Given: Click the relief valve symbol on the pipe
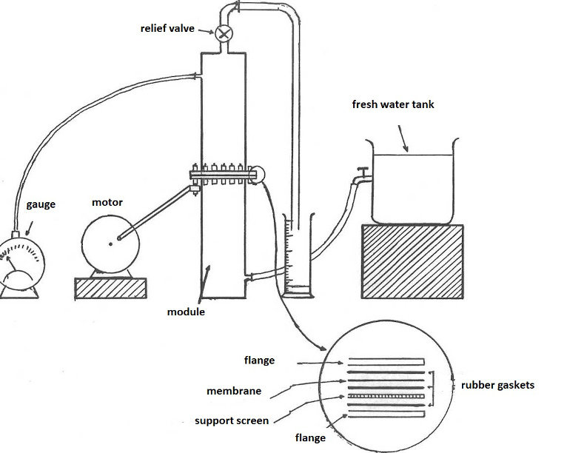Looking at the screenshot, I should [224, 32].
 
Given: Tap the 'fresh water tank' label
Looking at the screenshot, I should [392, 105].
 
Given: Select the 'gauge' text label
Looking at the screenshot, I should [41, 204].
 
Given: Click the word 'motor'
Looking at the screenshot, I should [107, 202].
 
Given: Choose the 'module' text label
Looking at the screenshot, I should [186, 312].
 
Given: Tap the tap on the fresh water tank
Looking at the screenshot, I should [361, 177].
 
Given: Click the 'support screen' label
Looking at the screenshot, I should [232, 420].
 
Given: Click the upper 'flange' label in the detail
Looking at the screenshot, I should [259, 361].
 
